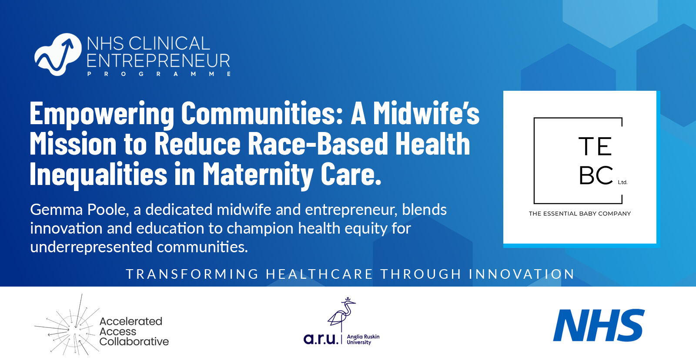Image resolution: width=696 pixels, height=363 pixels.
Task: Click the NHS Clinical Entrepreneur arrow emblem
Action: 58,55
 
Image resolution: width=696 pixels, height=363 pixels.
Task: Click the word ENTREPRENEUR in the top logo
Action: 158,61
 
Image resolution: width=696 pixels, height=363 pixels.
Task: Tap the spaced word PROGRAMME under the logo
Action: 159,74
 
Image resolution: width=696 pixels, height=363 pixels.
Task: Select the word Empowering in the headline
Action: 102,114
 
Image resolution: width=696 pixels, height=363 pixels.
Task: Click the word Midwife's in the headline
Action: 426,114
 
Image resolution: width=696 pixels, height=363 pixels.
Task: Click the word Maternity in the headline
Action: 258,175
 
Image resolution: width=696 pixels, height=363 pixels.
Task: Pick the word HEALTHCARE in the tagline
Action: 319,274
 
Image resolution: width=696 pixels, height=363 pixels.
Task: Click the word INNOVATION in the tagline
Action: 522,274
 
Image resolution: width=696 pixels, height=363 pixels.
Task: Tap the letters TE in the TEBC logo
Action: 595,146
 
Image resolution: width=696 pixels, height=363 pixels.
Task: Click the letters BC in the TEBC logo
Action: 596,175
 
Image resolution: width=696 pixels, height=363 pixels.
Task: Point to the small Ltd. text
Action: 622,182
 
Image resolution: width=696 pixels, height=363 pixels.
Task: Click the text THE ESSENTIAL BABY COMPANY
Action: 579,214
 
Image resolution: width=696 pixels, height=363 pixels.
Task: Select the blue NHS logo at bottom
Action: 599,326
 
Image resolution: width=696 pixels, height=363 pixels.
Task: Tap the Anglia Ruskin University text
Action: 363,340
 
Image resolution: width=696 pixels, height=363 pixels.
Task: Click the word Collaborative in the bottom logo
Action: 134,342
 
